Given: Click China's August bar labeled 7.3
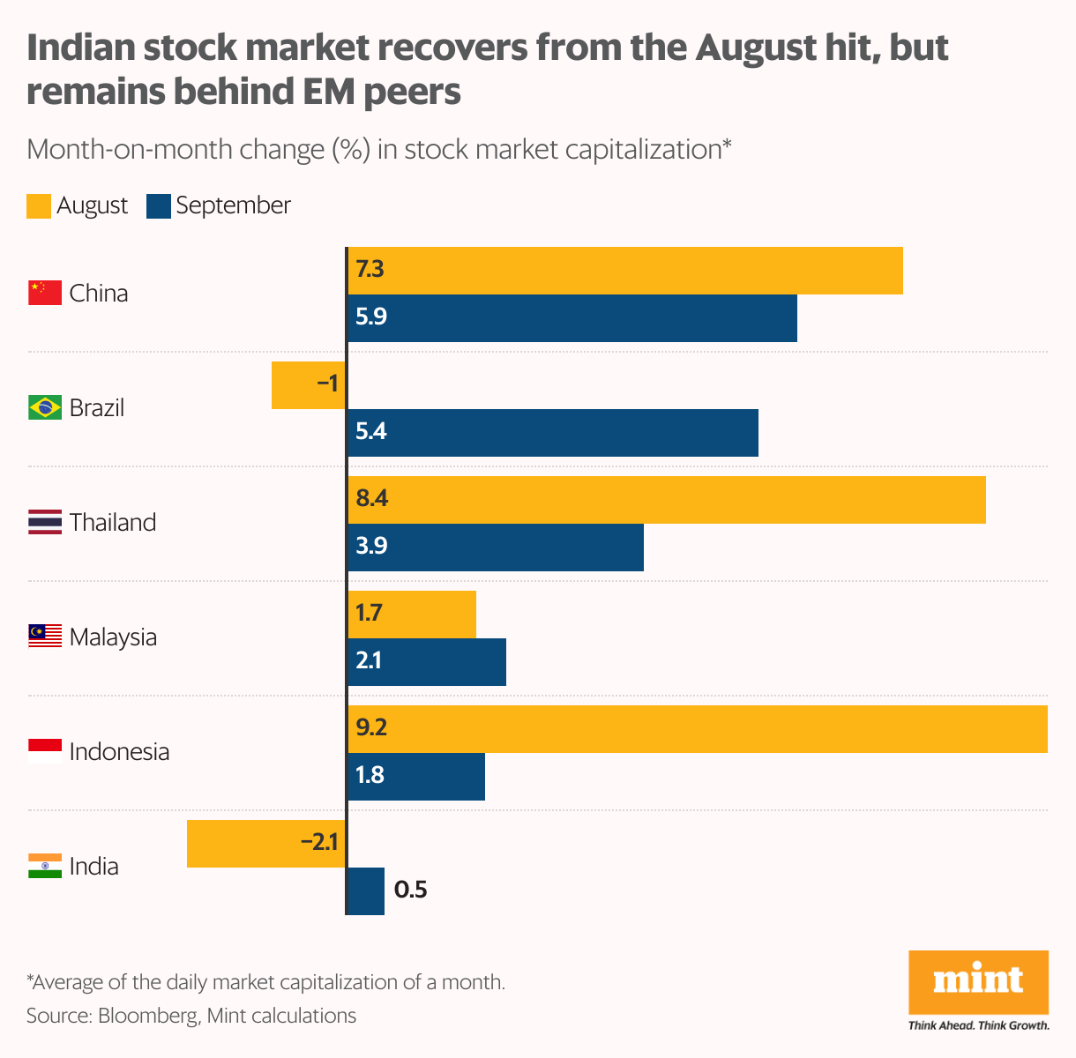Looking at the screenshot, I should (x=624, y=271).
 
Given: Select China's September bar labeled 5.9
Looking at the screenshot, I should (x=572, y=318).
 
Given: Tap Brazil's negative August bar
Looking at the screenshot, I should (x=308, y=385).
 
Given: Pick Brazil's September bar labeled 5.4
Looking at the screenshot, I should (x=552, y=433).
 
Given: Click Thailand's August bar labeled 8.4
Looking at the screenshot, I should (x=666, y=500).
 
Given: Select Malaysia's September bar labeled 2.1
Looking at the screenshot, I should (x=426, y=662).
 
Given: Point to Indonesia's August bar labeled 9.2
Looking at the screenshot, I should (x=697, y=729).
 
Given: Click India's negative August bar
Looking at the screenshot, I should (x=265, y=844).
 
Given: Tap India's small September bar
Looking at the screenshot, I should (x=366, y=891).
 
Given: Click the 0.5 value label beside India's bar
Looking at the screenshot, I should (x=410, y=890).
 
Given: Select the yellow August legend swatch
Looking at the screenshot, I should (x=39, y=206).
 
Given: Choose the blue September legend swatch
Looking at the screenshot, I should (x=159, y=206).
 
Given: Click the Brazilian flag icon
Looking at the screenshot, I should (x=45, y=408).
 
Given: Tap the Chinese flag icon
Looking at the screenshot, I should (x=45, y=293).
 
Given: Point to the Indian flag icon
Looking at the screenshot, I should (x=45, y=866).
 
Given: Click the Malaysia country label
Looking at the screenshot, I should (x=113, y=637).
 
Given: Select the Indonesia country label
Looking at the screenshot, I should (x=119, y=751).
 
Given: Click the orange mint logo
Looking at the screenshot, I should (x=978, y=981).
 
